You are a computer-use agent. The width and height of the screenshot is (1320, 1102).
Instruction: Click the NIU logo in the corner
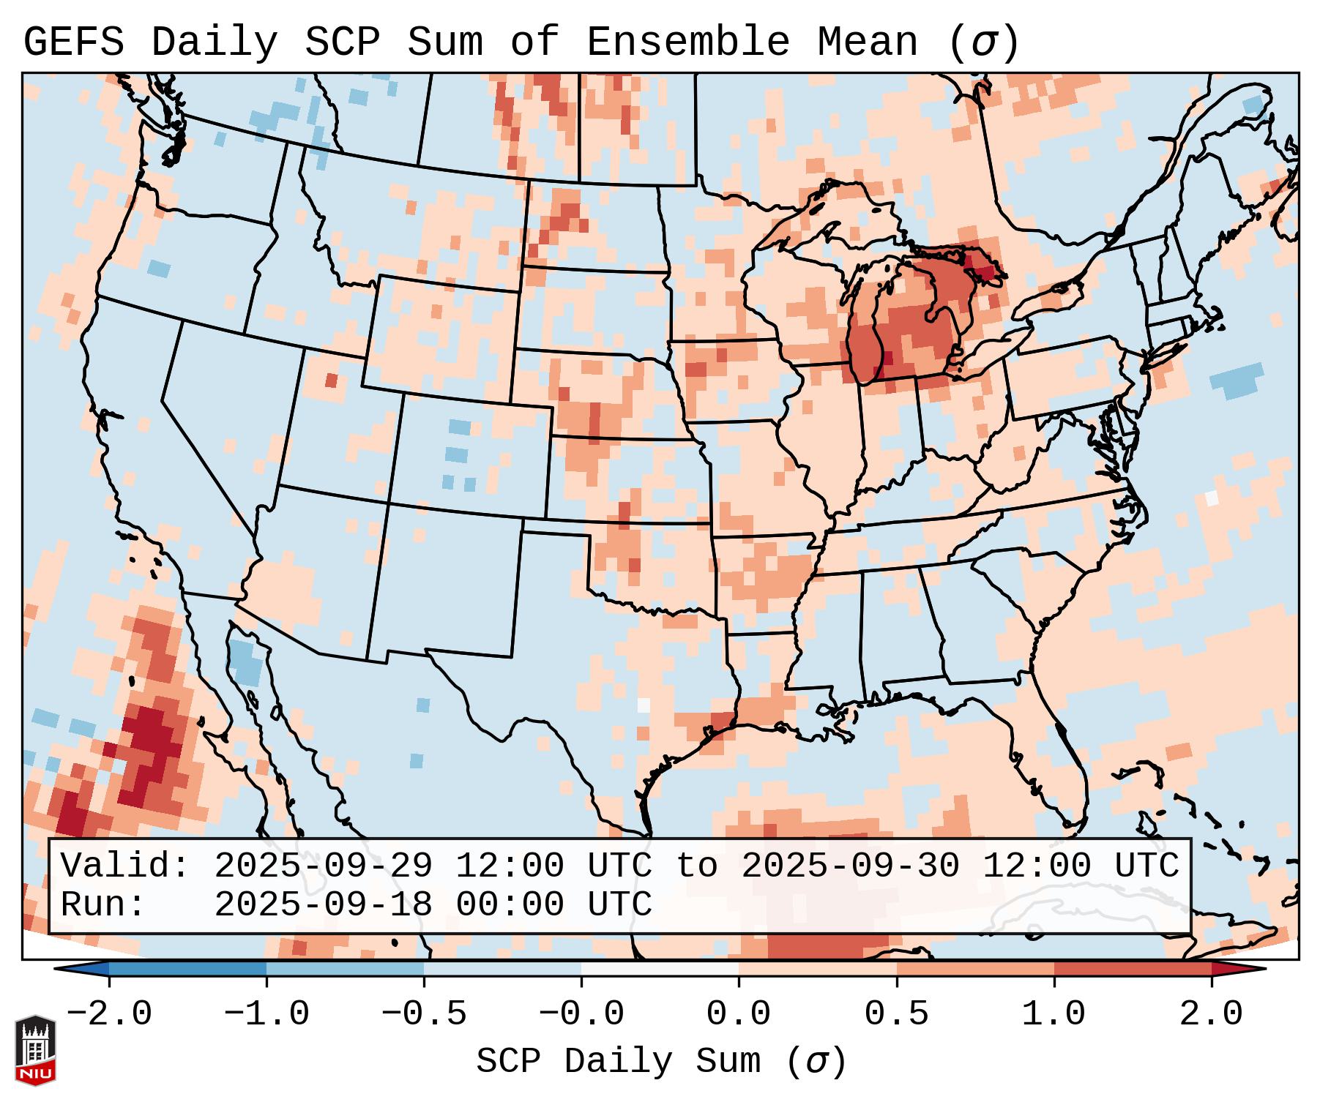pos(34,1049)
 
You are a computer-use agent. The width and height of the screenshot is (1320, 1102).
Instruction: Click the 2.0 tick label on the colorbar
pos(1211,1014)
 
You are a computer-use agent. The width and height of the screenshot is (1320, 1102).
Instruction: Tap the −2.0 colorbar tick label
pos(109,1014)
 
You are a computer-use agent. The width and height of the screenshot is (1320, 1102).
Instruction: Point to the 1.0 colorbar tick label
pos(1054,1014)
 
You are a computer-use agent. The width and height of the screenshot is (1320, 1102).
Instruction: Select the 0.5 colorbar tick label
pos(896,1014)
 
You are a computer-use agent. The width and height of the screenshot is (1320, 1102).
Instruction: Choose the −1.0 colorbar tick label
pos(266,1014)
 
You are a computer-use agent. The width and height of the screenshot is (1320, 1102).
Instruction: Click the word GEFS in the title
pos(73,42)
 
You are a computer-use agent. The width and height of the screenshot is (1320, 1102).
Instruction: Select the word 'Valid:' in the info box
pos(125,866)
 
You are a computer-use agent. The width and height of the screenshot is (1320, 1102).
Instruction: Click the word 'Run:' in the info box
pos(103,904)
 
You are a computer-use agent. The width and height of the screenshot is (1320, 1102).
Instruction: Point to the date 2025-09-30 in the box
pos(850,866)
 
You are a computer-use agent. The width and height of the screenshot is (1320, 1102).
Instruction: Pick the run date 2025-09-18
pos(323,904)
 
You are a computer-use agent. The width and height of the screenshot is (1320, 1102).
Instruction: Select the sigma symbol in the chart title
pos(983,42)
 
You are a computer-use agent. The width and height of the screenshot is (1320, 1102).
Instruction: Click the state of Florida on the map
pos(1062,761)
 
